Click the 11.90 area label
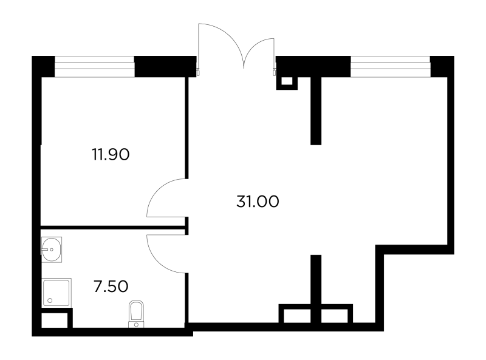[x=111, y=154]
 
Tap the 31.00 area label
[x=258, y=202]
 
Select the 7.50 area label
[x=111, y=287]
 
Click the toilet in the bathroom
[x=136, y=313]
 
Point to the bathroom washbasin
[x=52, y=250]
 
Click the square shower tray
[x=56, y=293]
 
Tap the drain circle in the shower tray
[x=50, y=301]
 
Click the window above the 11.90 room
[x=95, y=66]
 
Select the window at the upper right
[x=391, y=66]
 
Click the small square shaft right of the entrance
[x=287, y=82]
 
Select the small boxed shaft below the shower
[x=55, y=320]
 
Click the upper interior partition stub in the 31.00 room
[x=316, y=110]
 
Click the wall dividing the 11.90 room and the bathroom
[x=114, y=228]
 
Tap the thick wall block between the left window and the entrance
[x=165, y=66]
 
